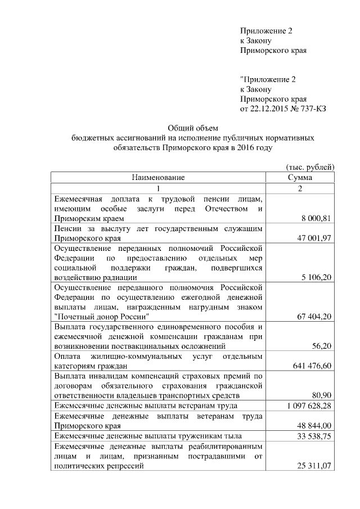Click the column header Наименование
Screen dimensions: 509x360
pos(158,178)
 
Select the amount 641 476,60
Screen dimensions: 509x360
pos(311,367)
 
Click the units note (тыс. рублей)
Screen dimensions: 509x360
pos(310,167)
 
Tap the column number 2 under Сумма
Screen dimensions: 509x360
pos(300,188)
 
